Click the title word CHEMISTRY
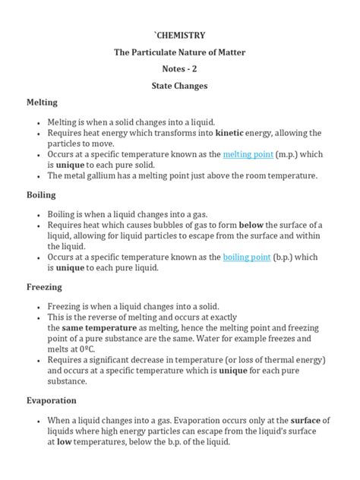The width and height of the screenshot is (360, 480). tap(180, 35)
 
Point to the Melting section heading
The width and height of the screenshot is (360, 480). tap(43, 102)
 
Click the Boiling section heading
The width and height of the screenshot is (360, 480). tap(41, 194)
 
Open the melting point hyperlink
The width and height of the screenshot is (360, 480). tap(247, 154)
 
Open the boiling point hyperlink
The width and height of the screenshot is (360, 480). tap(247, 257)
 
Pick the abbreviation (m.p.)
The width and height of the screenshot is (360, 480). tap(289, 154)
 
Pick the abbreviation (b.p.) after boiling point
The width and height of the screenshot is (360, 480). tap(288, 257)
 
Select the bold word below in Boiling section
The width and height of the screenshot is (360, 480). tap(251, 226)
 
